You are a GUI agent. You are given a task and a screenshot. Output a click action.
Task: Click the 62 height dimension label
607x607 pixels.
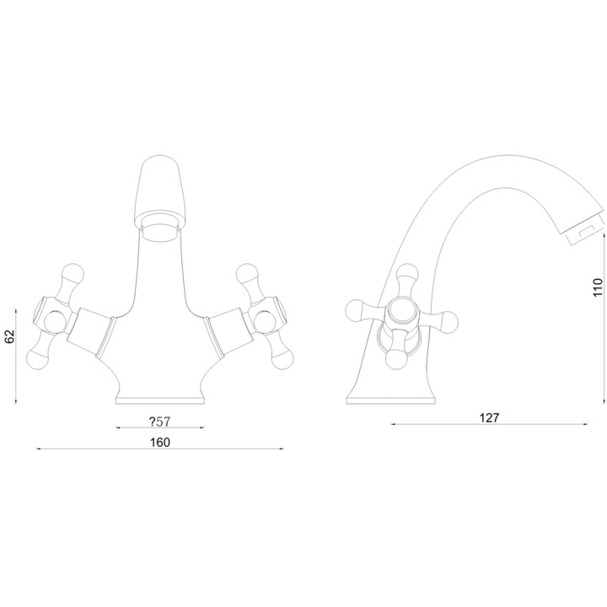9,336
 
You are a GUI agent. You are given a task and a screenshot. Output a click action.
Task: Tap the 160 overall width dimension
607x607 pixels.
160,442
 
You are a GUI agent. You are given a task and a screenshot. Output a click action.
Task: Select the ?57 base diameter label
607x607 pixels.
160,422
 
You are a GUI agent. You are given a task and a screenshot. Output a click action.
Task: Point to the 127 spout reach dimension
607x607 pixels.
489,418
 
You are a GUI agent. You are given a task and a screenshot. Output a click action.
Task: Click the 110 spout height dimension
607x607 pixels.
598,287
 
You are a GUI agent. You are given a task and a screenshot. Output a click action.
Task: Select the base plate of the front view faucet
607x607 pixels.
160,400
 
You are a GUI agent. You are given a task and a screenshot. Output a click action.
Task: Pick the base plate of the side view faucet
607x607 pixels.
391,400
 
